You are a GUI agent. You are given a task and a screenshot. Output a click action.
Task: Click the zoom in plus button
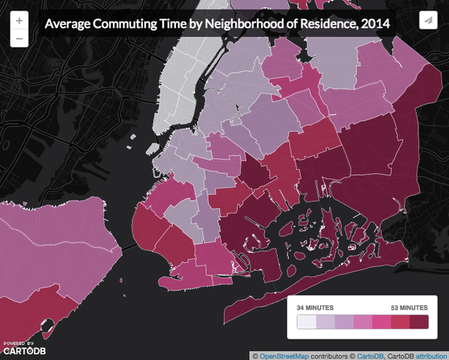[x=18, y=20]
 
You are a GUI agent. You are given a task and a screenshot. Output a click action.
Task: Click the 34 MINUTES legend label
[x=316, y=308]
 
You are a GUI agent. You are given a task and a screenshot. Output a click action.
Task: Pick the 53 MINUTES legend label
[x=408, y=308]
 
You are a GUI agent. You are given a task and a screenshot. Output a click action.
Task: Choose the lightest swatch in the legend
[x=306, y=322]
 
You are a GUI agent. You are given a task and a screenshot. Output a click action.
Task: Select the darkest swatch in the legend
[x=419, y=322]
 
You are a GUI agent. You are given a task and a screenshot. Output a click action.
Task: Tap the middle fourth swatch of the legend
[x=363, y=322]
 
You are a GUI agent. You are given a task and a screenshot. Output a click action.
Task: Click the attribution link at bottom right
[x=430, y=355]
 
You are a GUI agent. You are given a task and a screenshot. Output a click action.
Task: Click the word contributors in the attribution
[x=333, y=355]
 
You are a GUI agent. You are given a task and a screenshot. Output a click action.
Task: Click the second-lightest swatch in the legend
[x=325, y=322]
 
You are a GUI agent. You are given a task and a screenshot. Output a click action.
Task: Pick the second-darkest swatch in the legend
[x=400, y=322]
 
